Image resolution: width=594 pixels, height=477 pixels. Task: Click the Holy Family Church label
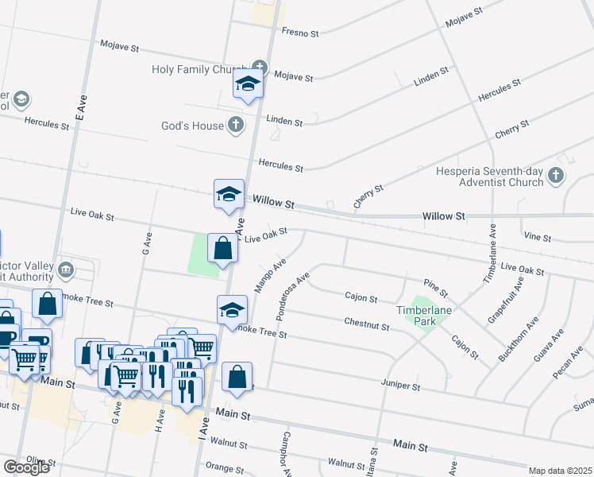[200, 70]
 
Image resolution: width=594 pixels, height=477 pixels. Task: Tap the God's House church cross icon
[235, 125]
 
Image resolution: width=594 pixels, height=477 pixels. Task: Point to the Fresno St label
[299, 33]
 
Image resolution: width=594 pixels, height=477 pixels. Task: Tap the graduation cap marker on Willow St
[229, 193]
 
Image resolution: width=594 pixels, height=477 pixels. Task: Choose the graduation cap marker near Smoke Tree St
[232, 309]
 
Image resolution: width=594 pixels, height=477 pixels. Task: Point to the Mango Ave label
[269, 275]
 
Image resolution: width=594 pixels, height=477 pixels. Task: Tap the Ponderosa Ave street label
[292, 298]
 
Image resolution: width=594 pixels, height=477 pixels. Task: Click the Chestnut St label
[366, 325]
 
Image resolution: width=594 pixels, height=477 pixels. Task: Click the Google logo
[26, 467]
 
